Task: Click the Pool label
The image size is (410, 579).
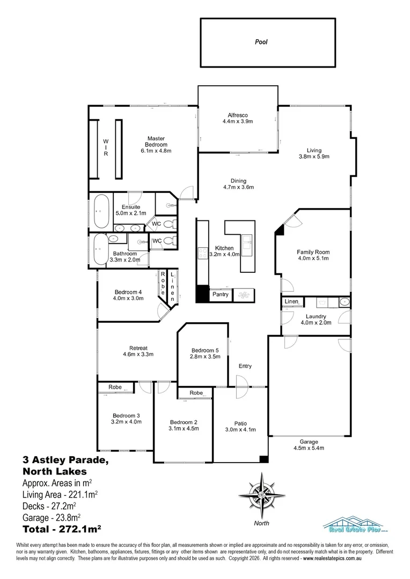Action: tap(261, 41)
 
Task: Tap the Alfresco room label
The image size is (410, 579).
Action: tap(237, 115)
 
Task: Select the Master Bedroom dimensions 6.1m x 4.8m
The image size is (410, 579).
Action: tap(156, 151)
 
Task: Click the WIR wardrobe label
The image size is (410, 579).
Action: tap(106, 148)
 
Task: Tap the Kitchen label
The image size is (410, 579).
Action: tap(224, 248)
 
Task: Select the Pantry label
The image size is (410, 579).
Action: tap(221, 294)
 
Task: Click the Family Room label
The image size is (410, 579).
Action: tap(313, 252)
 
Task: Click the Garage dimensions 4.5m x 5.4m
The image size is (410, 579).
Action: tap(309, 449)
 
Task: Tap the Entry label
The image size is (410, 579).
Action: tap(245, 366)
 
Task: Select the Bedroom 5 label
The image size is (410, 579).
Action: tap(204, 351)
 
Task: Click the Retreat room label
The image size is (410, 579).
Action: tap(138, 347)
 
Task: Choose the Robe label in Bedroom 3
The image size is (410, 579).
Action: tap(115, 387)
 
